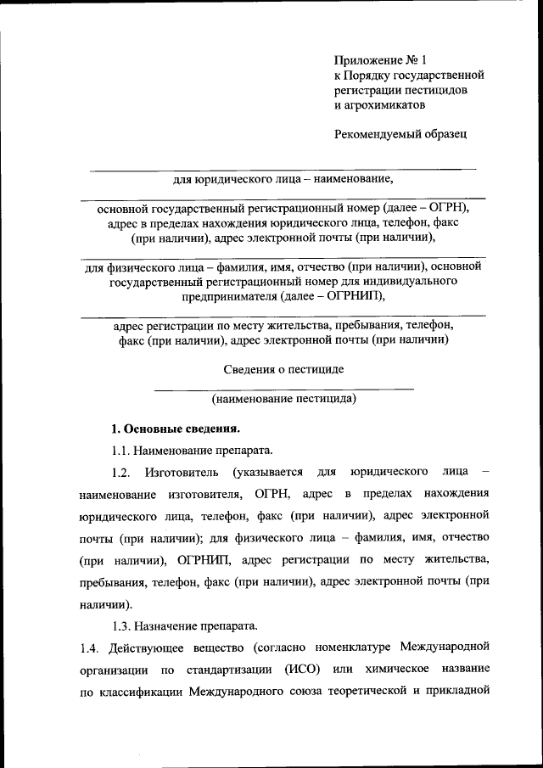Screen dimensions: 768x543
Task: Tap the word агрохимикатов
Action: (379, 105)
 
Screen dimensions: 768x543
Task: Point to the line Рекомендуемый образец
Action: (400, 133)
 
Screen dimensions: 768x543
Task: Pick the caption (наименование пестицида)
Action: (283, 397)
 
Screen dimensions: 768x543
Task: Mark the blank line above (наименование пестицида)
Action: (283, 388)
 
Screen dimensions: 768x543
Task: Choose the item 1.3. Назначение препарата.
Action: (184, 626)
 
